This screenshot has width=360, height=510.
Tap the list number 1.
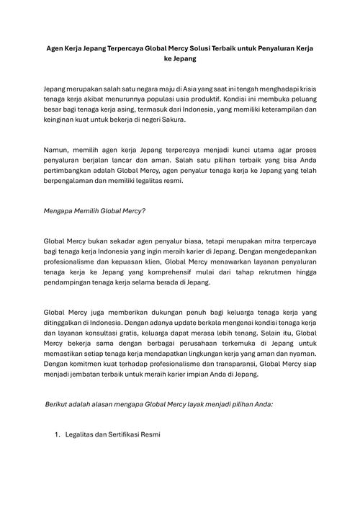[x=58, y=434]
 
